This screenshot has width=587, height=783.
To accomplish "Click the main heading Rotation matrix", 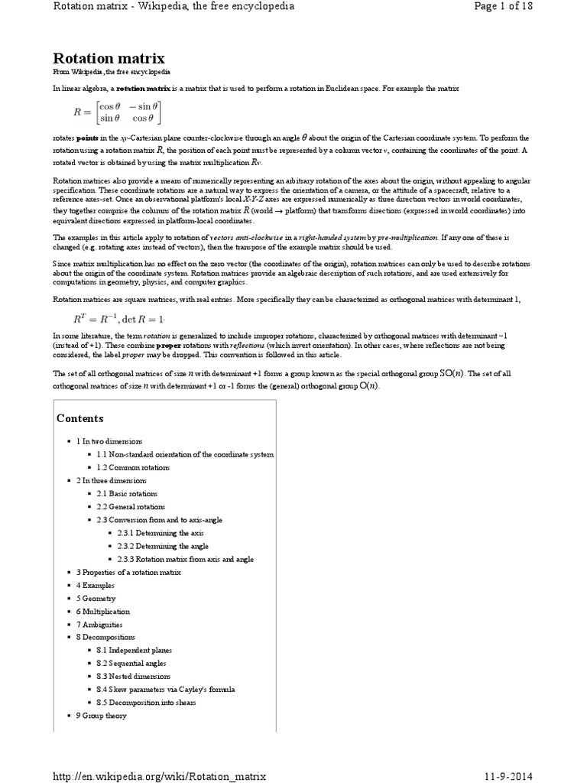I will [108, 58].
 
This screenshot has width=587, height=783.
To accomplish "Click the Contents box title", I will [80, 418].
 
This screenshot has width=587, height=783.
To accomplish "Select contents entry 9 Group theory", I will [101, 715].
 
